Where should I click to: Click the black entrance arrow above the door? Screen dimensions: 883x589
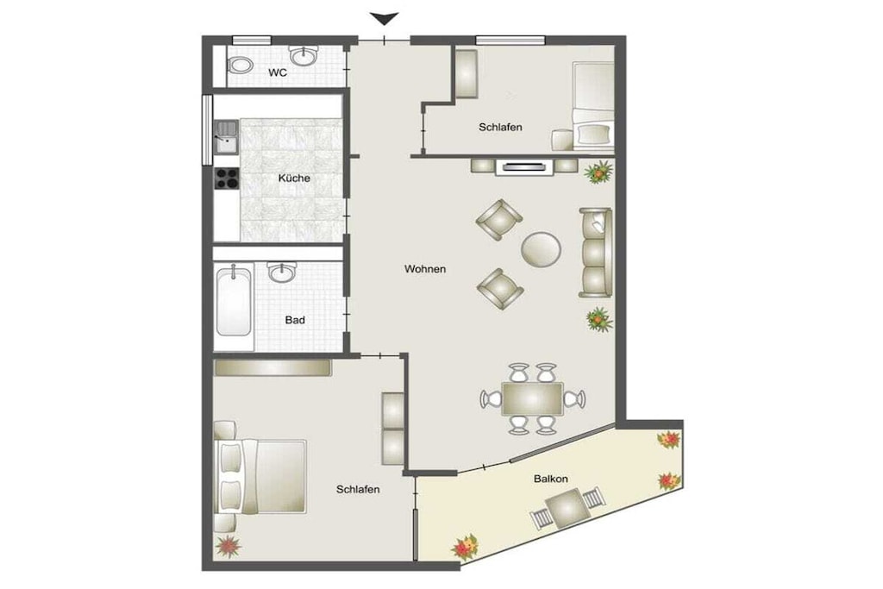coord(385,19)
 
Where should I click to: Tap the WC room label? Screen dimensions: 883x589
coord(278,72)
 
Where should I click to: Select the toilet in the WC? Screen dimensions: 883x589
coord(241,65)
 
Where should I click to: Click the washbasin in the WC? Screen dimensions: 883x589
coord(304,56)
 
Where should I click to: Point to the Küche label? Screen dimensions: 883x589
coord(294,178)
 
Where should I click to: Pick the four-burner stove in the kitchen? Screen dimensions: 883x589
coord(227,179)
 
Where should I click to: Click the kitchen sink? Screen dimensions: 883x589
coord(227,137)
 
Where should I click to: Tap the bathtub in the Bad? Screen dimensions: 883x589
coord(234,303)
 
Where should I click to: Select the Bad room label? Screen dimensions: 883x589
coord(295,320)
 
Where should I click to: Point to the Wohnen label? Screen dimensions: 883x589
coord(425,269)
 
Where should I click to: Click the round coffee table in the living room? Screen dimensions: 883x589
coord(542,249)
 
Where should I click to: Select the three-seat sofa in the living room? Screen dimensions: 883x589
coord(596,253)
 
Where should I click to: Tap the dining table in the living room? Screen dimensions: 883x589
coord(532,398)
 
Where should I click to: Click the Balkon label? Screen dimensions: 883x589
coord(551,479)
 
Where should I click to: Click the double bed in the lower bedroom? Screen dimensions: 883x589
coord(260,476)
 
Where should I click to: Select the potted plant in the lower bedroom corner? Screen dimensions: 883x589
coord(228,546)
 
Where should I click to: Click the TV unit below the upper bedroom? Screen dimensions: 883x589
coord(524,166)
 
